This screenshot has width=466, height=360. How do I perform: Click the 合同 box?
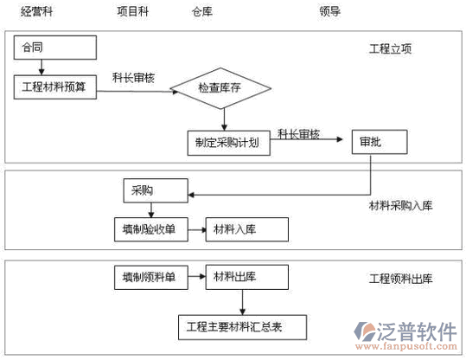click(x=55, y=48)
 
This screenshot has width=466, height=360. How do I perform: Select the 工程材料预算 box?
click(x=55, y=87)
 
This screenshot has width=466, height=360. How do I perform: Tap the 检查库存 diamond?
click(x=220, y=88)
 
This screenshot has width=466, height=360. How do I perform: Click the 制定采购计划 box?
click(x=229, y=143)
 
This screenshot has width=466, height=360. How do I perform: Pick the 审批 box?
click(x=380, y=142)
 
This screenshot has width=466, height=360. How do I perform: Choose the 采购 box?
click(x=156, y=190)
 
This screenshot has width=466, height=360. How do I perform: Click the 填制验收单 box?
click(x=151, y=229)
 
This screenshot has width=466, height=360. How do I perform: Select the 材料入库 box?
click(x=247, y=229)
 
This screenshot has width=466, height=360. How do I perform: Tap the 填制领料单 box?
click(x=151, y=278)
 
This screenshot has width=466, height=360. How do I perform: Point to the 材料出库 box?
click(x=247, y=277)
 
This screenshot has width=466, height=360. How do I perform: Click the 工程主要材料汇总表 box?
click(x=242, y=327)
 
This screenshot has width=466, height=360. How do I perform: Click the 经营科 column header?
click(x=36, y=12)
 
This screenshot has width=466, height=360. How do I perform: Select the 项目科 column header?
click(x=132, y=11)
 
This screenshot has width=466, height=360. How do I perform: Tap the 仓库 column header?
click(x=202, y=12)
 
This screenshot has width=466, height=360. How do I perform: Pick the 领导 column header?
click(x=330, y=11)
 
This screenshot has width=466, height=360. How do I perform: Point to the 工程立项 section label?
click(x=390, y=48)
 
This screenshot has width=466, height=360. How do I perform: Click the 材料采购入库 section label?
click(x=400, y=205)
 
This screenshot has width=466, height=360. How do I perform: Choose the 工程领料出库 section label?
click(x=400, y=279)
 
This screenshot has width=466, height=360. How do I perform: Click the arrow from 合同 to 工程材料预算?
click(x=41, y=67)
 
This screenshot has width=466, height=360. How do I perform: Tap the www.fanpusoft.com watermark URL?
click(x=406, y=346)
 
